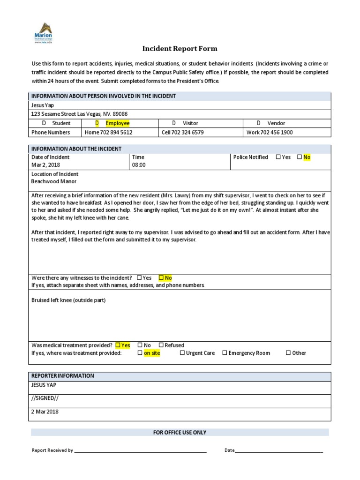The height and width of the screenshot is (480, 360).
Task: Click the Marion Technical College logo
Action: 43,33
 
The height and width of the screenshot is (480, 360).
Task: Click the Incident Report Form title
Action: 180,49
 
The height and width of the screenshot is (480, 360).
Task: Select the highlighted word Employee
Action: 117,123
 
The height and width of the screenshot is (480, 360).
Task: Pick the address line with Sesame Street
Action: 79,114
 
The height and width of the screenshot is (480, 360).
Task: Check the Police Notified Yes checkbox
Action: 278,157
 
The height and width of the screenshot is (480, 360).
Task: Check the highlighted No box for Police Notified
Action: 300,157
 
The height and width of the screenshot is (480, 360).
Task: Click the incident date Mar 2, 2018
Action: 45,165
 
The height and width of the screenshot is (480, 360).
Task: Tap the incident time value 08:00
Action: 139,165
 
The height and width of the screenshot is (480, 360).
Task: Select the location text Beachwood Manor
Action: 53,181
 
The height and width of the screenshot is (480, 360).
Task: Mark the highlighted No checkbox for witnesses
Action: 161,277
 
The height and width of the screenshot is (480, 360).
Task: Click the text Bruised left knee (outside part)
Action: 68,300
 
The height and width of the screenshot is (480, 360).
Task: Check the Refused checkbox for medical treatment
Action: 161,345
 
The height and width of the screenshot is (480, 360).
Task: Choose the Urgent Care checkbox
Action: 182,353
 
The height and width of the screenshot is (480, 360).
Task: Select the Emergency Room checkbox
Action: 225,353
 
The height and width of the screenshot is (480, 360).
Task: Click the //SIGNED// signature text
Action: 45,398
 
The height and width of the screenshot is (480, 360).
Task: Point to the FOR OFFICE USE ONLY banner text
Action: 180,432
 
